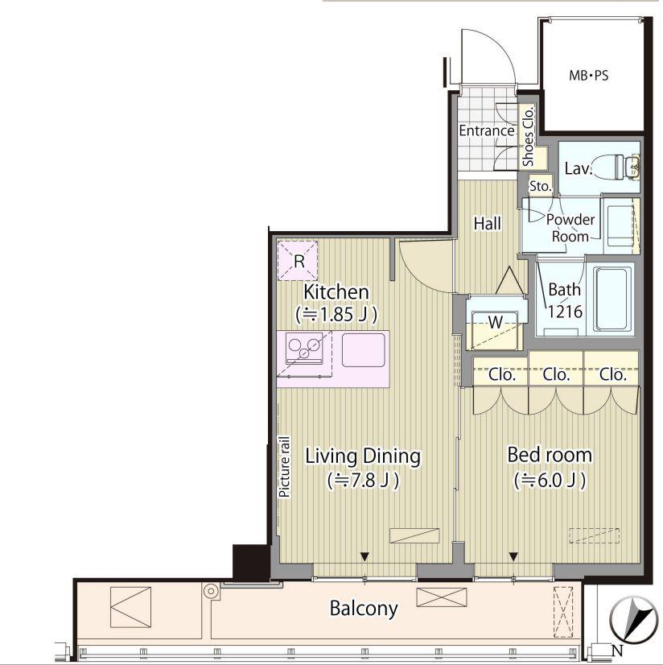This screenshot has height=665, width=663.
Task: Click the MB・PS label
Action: point(588,76)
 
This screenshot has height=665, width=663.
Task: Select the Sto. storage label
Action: point(541,186)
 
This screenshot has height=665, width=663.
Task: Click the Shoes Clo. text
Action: point(528,137)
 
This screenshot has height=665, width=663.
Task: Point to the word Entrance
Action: point(487,130)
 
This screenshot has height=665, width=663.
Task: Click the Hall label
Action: point(487,224)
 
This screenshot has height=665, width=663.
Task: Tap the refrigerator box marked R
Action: point(298,261)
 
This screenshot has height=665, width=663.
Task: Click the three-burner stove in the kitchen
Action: point(304,348)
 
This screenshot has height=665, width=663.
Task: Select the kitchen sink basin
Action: point(364,350)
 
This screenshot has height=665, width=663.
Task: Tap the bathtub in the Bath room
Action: point(611,299)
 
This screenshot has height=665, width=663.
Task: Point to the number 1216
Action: point(565,312)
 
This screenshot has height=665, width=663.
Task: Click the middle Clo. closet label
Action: point(556,374)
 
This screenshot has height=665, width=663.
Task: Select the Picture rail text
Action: point(284,467)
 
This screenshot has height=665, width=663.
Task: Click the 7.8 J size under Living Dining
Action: point(363,481)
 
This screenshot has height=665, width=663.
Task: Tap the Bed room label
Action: point(550,455)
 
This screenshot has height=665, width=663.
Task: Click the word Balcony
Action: point(364,609)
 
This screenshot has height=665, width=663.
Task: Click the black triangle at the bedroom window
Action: point(513,556)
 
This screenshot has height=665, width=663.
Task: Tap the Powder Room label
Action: point(570,228)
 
